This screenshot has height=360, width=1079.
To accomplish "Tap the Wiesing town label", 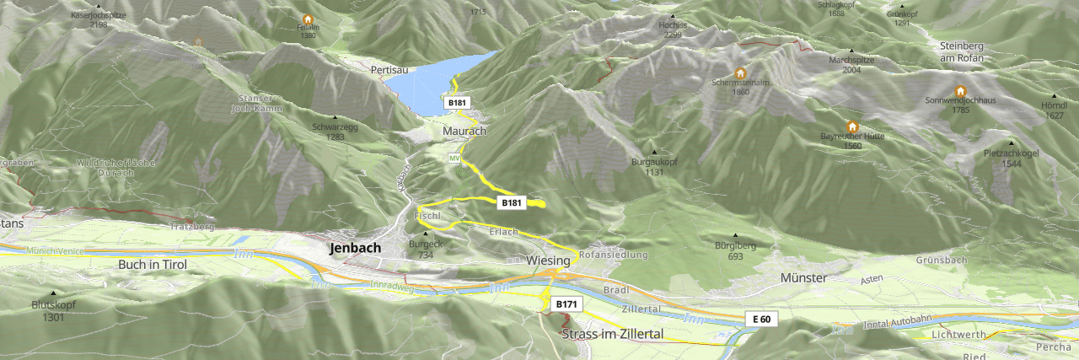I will (548, 261).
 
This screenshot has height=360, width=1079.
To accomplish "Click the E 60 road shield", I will (761, 320).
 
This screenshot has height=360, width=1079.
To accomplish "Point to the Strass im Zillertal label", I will (613, 335).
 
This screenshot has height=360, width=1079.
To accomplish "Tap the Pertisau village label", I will (389, 71).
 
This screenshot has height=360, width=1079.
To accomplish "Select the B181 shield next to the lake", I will (457, 102).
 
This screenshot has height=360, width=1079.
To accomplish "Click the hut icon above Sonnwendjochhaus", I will (960, 91).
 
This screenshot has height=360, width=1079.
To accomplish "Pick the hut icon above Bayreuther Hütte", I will (852, 126).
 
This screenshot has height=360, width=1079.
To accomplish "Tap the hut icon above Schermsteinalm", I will (741, 73).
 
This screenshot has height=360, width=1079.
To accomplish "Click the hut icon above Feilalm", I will (308, 19).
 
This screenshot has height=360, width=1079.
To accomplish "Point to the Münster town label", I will (803, 277).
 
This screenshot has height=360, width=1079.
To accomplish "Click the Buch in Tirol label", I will (153, 264).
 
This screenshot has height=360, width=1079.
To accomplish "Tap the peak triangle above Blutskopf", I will (53, 293).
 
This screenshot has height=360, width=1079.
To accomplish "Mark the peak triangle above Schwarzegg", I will (335, 117).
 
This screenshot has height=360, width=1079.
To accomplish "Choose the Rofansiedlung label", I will (613, 255).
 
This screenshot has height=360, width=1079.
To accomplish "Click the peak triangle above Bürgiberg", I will (735, 236).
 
